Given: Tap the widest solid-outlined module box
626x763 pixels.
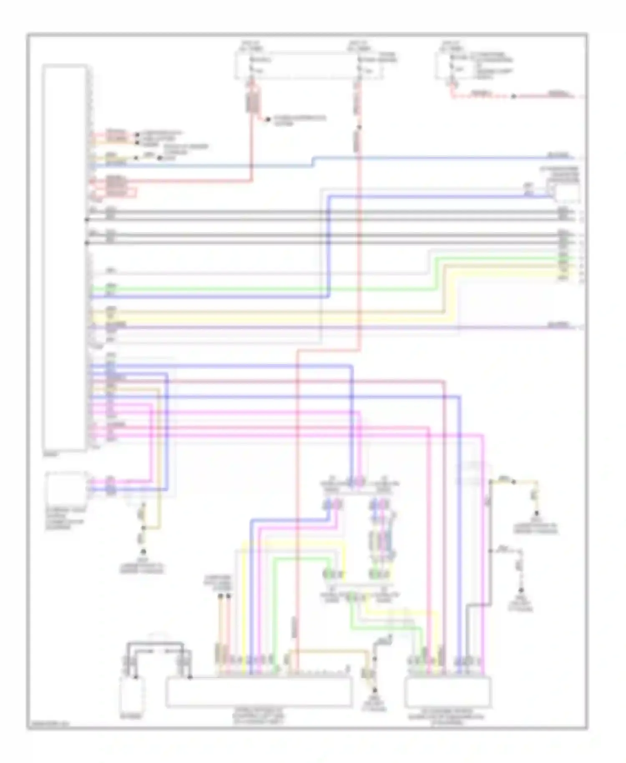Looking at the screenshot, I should tap(259, 692).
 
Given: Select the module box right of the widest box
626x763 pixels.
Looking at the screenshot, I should tap(448, 692).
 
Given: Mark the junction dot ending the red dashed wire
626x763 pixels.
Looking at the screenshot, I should tap(514, 96).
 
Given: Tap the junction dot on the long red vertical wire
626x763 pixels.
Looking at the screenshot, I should tap(358, 127).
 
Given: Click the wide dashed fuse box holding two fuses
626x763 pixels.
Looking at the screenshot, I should tap(308, 66).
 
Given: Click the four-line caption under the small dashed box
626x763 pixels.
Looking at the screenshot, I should tap(65, 519).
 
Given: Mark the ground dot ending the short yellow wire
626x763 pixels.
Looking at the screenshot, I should tap(537, 514).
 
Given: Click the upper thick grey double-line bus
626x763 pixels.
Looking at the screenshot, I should tap(326, 213).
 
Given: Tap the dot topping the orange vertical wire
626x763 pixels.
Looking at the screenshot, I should tap(220, 597).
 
